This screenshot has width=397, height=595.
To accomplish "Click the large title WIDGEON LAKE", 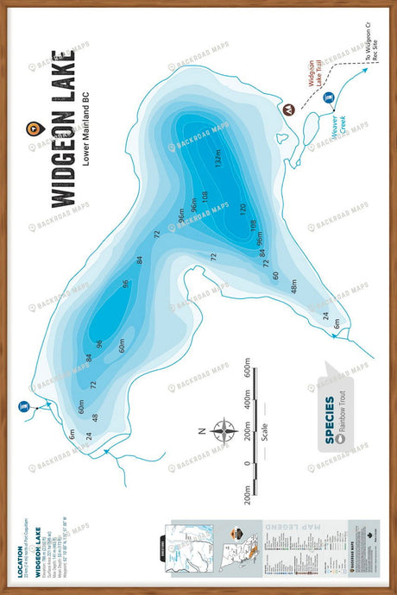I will (x=62, y=129).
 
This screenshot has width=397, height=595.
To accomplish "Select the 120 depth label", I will (x=243, y=209).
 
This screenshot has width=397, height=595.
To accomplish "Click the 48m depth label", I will (x=294, y=285).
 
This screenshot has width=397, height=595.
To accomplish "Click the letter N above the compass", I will (x=200, y=429).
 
